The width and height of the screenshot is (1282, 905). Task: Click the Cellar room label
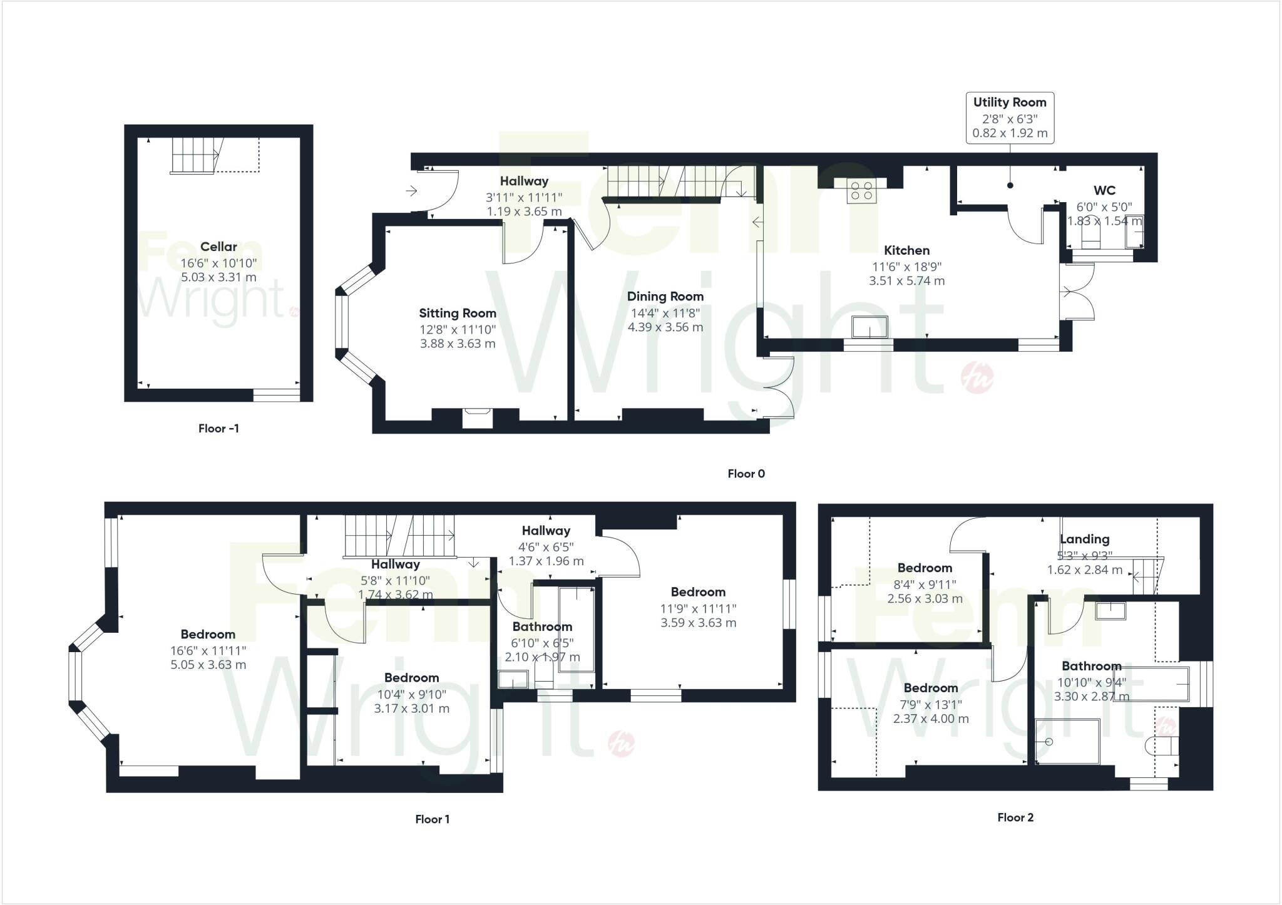[218, 247]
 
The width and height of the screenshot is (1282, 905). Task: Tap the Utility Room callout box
[1010, 118]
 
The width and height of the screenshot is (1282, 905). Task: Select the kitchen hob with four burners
[861, 190]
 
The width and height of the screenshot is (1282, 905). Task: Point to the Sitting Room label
[458, 313]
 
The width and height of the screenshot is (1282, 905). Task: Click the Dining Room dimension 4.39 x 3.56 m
[665, 327]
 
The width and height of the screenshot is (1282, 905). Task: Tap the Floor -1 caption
[218, 428]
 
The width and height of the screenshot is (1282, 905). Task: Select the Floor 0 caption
[746, 474]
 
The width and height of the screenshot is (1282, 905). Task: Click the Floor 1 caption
[433, 819]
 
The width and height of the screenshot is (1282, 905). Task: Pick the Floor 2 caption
[1015, 817]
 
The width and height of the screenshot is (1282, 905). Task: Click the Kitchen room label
[906, 250]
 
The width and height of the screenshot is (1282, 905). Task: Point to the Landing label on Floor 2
[1085, 539]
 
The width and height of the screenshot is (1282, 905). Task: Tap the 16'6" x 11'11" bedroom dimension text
[208, 650]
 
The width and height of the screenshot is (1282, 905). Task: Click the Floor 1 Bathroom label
[542, 626]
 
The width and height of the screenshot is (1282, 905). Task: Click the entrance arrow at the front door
[412, 190]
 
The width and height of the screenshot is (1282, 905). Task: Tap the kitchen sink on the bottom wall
[870, 327]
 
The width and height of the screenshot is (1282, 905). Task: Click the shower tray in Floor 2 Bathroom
[1068, 742]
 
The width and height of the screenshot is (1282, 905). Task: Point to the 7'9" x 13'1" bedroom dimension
[931, 703]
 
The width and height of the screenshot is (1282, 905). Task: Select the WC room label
[1104, 190]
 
